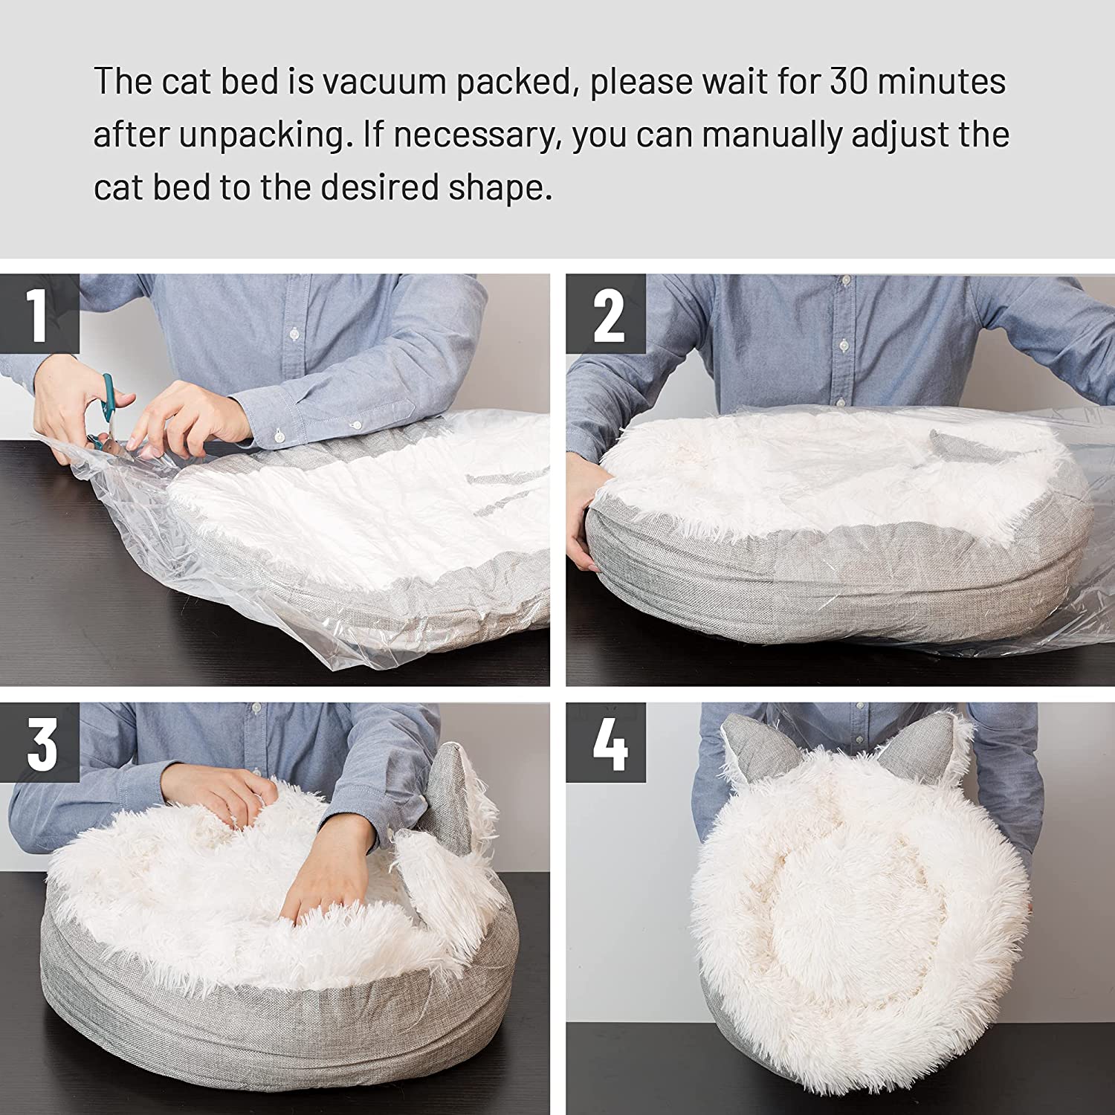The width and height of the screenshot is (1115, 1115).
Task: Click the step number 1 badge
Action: tap(39, 314)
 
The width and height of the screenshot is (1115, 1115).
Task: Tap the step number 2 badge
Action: tap(606, 314)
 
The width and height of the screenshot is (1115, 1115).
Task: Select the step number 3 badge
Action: tap(39, 743)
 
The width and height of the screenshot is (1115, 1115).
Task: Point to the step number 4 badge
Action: tap(606, 743)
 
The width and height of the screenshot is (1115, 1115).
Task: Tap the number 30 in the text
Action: tap(849, 82)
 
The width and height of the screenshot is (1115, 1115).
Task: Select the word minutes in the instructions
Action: tap(942, 82)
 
